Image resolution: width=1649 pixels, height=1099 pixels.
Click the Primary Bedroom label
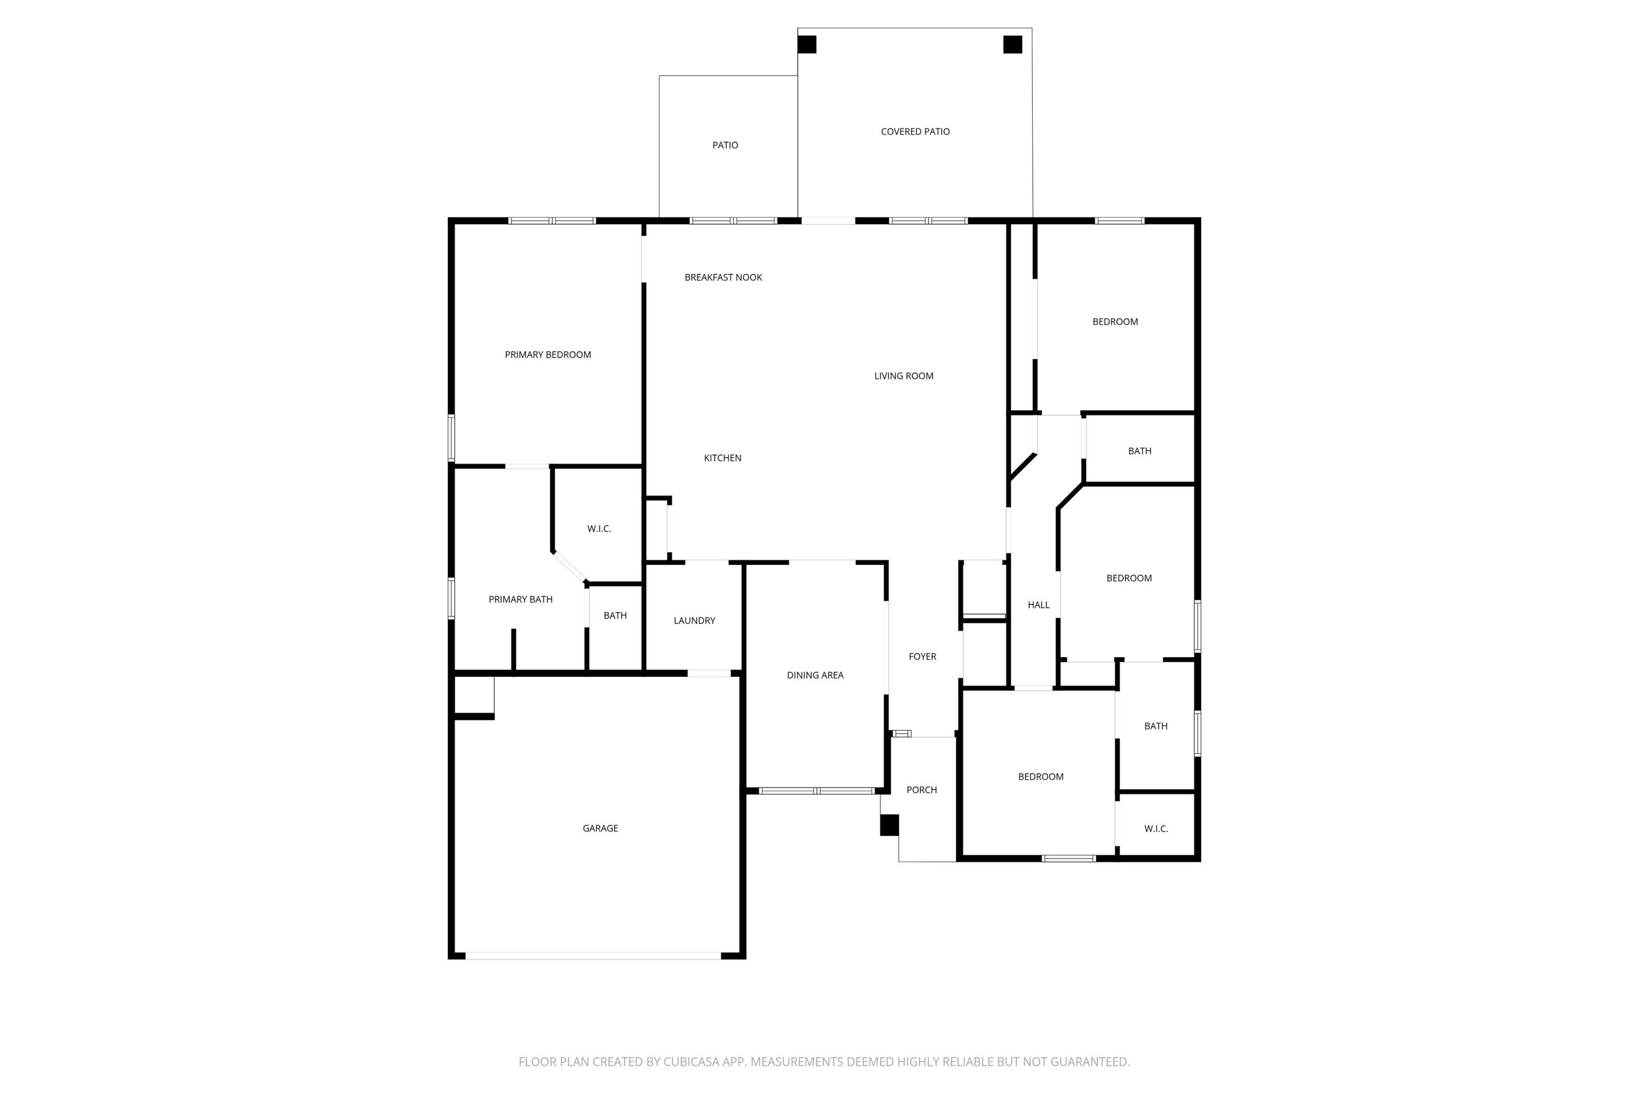(547, 354)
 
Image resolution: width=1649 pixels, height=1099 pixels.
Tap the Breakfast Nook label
(723, 277)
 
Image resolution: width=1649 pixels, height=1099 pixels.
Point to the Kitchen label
(722, 458)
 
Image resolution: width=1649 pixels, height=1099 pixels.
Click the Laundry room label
(694, 620)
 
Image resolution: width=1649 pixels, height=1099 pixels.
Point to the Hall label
(1038, 605)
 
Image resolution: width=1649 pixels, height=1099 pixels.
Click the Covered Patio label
(915, 132)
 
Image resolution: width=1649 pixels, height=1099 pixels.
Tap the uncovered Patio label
(725, 145)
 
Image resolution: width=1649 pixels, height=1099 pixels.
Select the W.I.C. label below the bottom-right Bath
(1155, 829)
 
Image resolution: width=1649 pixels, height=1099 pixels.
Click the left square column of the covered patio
(807, 44)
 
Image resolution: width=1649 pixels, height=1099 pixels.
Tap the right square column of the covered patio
(1012, 44)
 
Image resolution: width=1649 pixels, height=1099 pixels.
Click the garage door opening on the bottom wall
(593, 956)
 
